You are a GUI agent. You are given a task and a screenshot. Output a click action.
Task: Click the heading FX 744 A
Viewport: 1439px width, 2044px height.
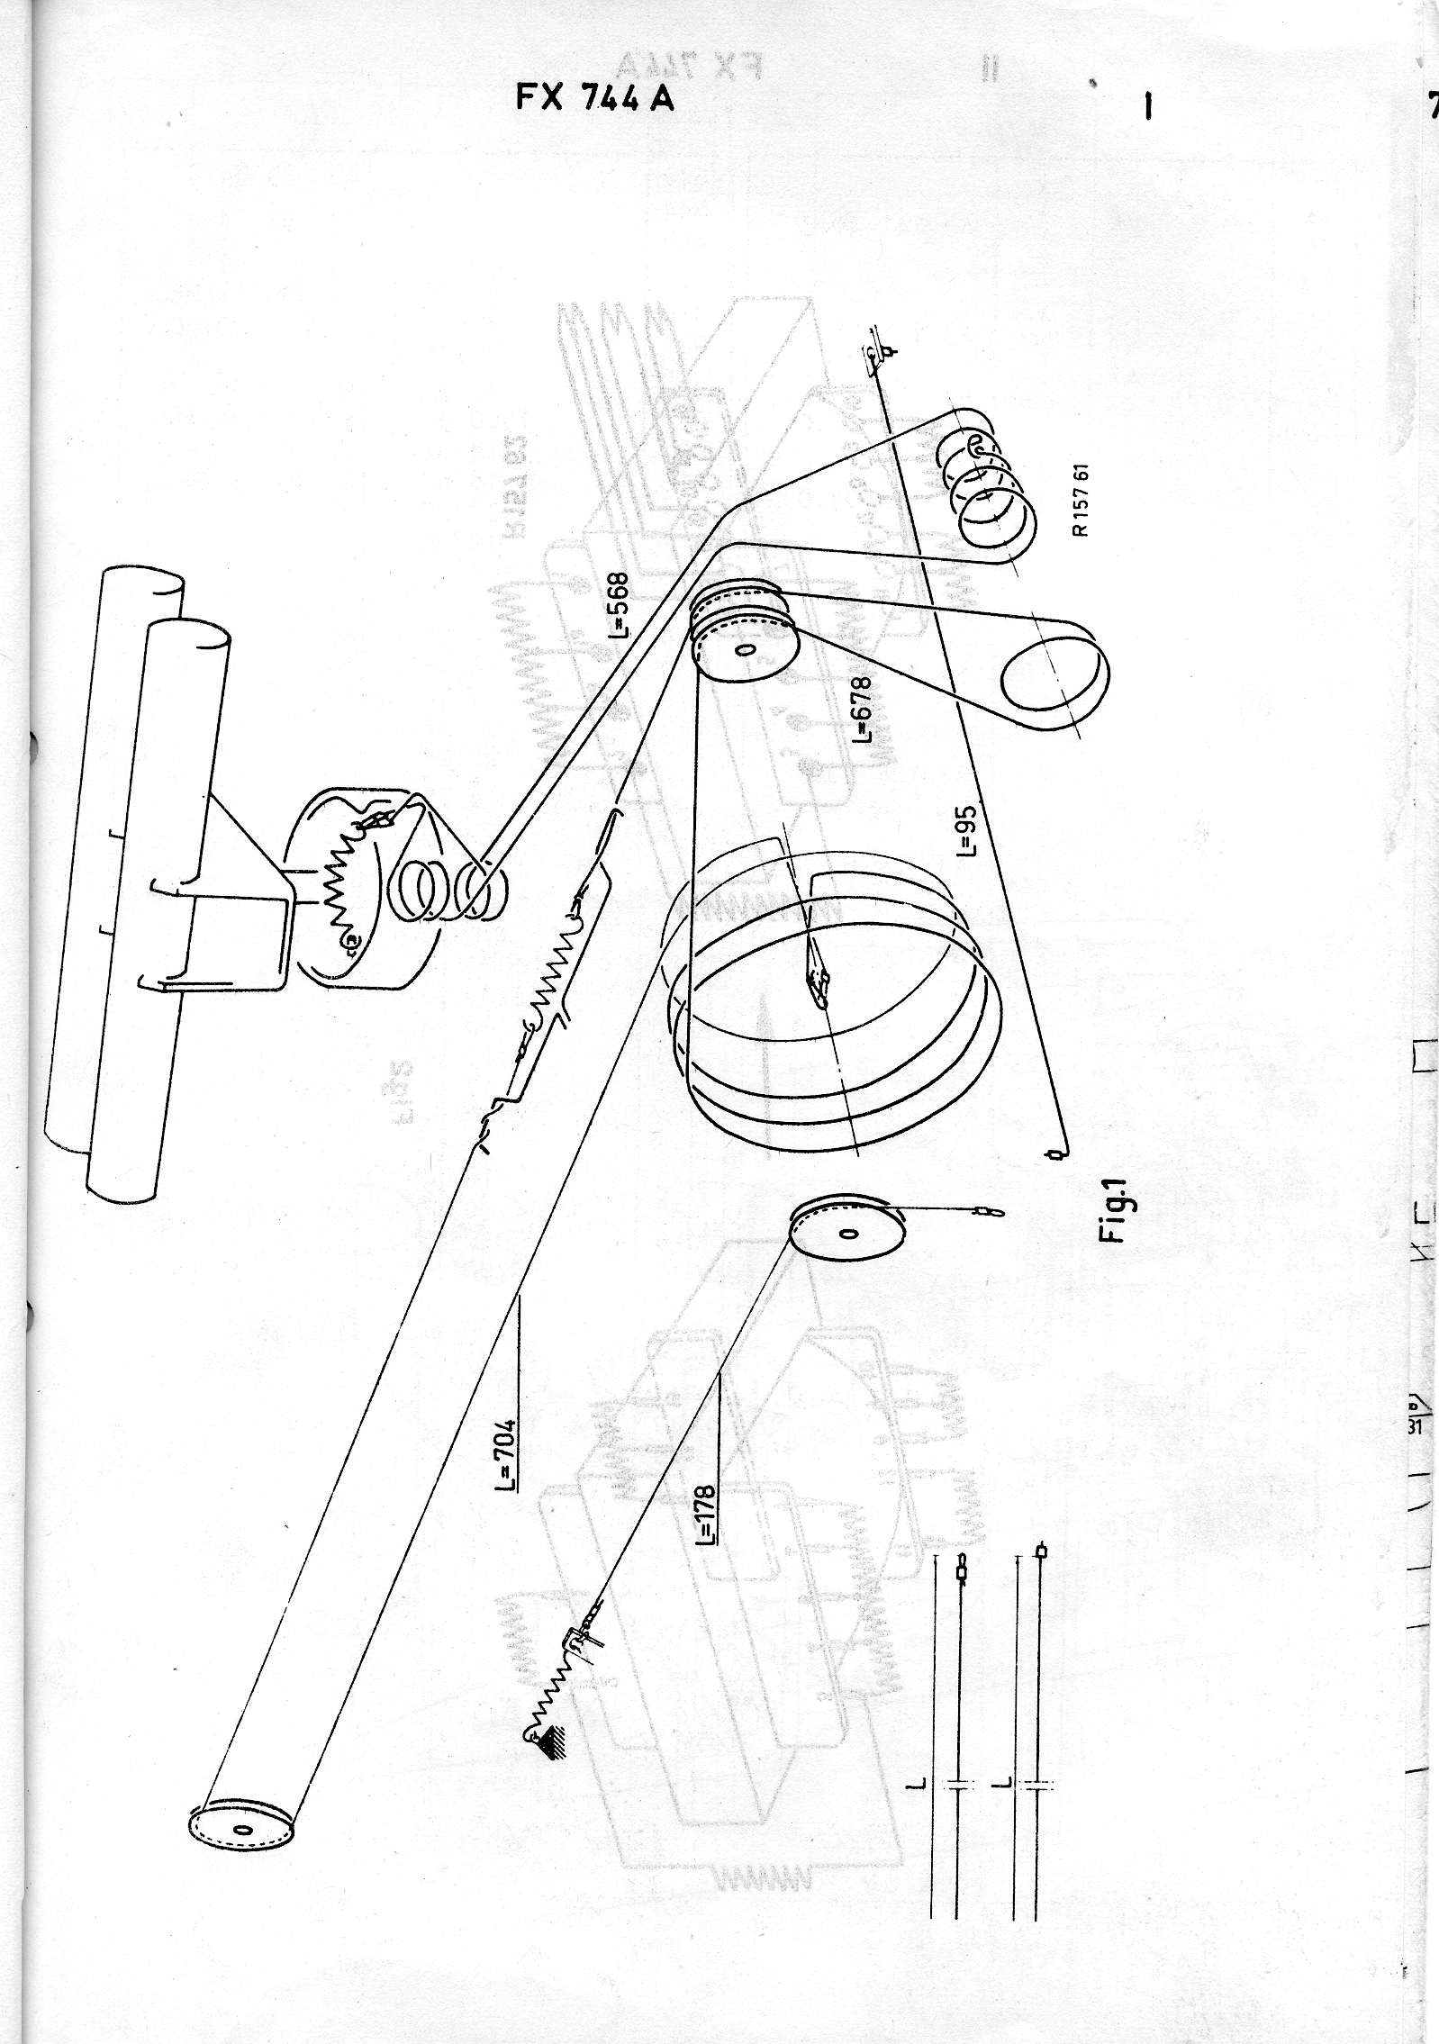594,97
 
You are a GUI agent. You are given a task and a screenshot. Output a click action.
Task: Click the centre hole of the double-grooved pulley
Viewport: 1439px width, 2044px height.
742,650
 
